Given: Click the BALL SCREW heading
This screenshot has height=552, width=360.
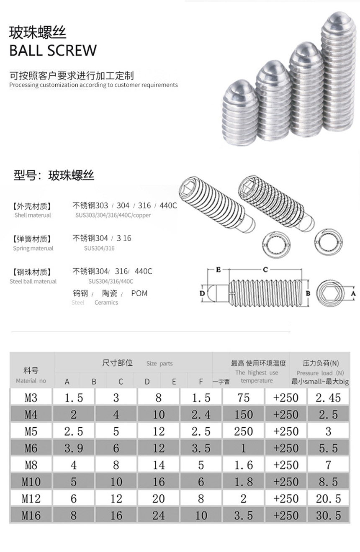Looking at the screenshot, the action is [x=53, y=51].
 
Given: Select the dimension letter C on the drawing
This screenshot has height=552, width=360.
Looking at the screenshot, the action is [x=265, y=270].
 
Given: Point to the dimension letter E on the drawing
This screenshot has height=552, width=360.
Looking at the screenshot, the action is [x=219, y=270].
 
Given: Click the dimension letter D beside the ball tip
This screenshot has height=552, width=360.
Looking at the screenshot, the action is [x=202, y=293].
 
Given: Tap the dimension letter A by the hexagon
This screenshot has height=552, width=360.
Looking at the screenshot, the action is [x=353, y=293].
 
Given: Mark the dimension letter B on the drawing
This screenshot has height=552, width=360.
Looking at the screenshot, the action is [x=308, y=293].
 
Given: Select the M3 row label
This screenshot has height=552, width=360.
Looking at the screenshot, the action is [x=31, y=398].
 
